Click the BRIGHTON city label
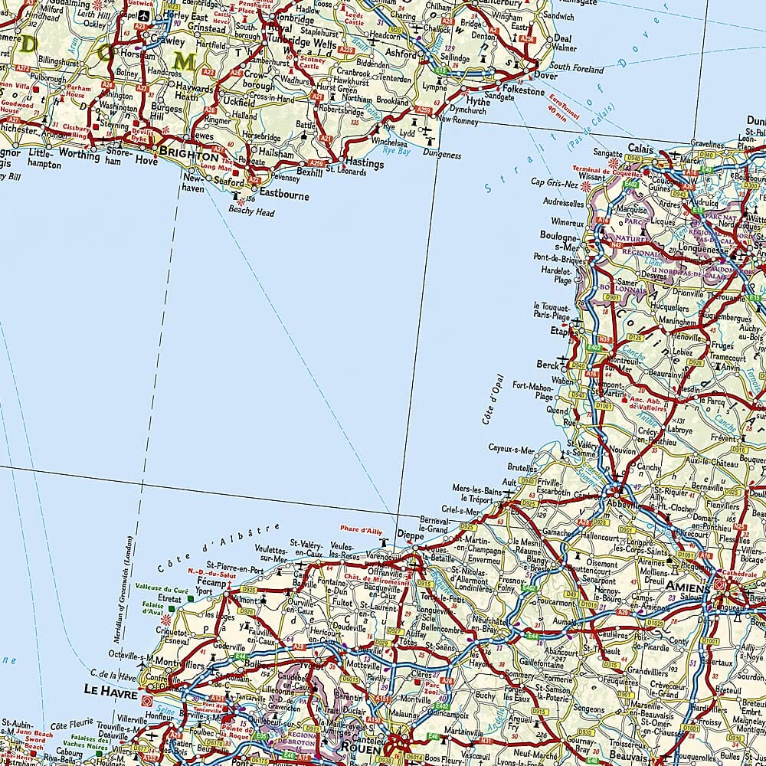coord(188,154)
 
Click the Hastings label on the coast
coord(364,163)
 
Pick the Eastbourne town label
coord(284,195)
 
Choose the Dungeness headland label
coord(441,155)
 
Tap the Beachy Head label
coord(251,212)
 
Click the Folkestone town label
coord(524,91)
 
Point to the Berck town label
coord(548,365)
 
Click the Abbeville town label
coord(620,506)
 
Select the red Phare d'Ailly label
coord(361,529)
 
